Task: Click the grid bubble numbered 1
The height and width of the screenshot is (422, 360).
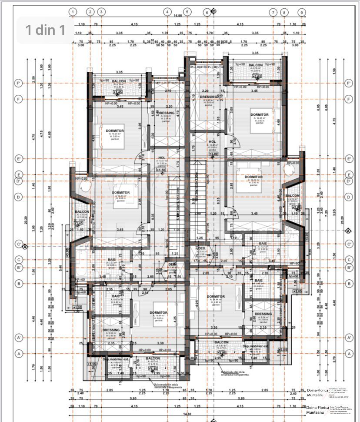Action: pyautogui.click(x=73, y=12)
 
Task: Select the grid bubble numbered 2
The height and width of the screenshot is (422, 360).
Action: pyautogui.click(x=90, y=12)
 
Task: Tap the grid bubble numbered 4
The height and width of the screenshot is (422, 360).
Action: pyautogui.click(x=167, y=12)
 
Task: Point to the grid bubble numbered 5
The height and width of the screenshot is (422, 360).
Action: pyautogui.click(x=187, y=12)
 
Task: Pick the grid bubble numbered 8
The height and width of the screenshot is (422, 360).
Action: pyautogui.click(x=284, y=12)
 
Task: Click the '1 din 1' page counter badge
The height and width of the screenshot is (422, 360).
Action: pyautogui.click(x=45, y=30)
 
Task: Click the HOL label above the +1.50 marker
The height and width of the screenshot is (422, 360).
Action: pyautogui.click(x=162, y=158)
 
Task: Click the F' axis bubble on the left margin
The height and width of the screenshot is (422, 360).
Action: pyautogui.click(x=19, y=83)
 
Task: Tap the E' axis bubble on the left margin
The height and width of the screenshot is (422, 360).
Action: pyautogui.click(x=19, y=159)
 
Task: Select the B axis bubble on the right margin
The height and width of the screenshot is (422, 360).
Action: pyautogui.click(x=348, y=284)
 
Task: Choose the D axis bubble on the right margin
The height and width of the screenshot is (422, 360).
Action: pyautogui.click(x=348, y=197)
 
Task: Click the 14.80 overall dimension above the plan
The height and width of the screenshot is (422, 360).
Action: pyautogui.click(x=177, y=16)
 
